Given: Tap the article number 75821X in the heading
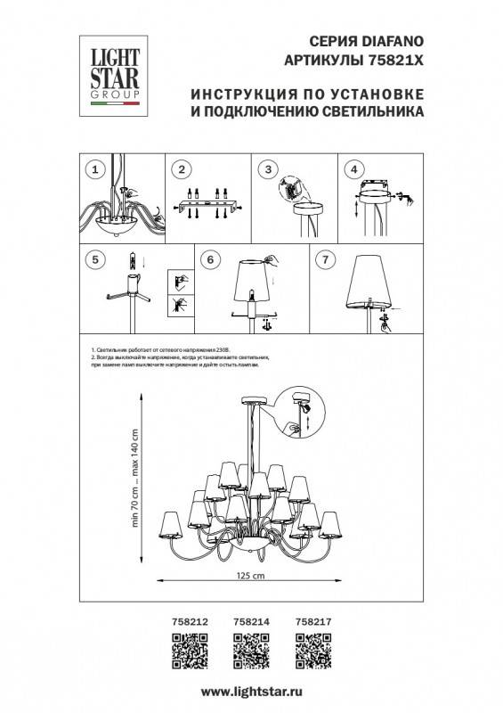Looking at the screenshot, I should (x=393, y=59).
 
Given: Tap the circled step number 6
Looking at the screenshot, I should (x=209, y=259).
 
